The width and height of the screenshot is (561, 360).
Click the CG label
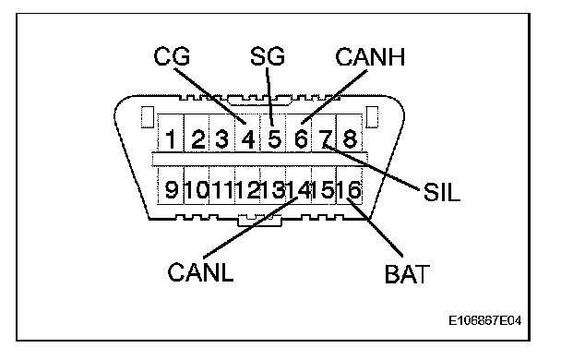[172, 56]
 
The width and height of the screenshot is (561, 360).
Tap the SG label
[268, 56]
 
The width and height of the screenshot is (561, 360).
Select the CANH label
[370, 56]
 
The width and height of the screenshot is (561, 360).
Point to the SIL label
[441, 192]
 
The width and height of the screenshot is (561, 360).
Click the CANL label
[200, 272]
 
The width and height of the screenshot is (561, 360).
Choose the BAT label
[407, 274]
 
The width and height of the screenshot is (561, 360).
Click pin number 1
[171, 138]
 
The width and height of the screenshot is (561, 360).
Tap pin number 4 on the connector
[248, 138]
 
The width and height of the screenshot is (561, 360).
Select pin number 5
[274, 138]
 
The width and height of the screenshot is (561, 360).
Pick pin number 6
[301, 138]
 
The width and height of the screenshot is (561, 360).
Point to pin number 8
[350, 138]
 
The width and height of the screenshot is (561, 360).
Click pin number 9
[171, 189]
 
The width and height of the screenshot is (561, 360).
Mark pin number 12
[247, 189]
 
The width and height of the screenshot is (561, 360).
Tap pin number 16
[349, 189]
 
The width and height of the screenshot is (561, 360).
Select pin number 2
[197, 138]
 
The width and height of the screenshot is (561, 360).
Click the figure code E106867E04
[485, 320]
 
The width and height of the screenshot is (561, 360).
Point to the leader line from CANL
[250, 227]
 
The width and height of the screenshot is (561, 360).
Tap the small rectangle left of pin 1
[147, 116]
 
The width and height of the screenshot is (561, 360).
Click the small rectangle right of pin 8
[373, 116]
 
